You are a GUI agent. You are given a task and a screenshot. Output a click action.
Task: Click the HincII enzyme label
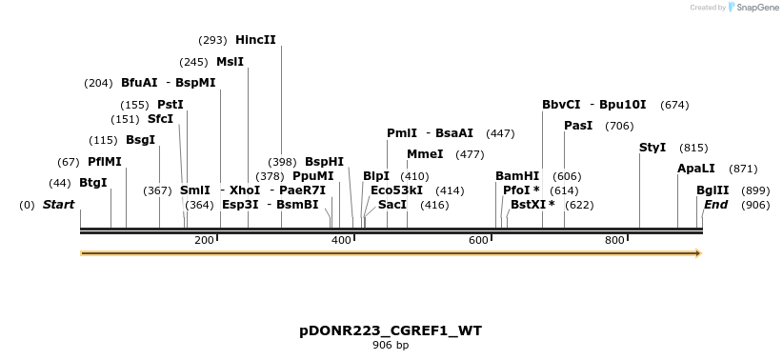coord(255,40)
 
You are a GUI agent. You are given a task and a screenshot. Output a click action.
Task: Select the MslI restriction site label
coord(230,62)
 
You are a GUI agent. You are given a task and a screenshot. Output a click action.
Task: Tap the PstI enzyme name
coord(171,105)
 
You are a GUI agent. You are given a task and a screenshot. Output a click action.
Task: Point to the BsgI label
coord(140,140)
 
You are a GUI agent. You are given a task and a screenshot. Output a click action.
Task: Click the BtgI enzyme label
coord(92,183)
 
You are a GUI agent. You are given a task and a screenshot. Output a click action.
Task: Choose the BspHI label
coord(324,162)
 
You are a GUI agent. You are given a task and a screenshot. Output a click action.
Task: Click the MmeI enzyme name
coord(425,154)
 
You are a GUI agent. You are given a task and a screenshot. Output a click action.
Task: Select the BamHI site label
coord(517,176)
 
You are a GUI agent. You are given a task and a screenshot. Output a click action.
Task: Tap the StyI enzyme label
coord(652,148)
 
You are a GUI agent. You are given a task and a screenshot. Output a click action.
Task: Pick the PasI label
coord(578,126)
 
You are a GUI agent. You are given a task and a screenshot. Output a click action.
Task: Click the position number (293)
coord(212,40)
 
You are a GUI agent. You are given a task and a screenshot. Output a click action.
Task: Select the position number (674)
coord(674,105)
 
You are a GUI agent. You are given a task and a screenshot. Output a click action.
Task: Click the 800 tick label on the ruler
coord(613,240)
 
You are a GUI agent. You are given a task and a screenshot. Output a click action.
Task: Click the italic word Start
coord(58,205)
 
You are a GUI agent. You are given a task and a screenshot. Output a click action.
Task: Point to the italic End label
coord(715,205)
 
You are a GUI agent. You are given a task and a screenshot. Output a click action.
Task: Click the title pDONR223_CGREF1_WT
coord(391,330)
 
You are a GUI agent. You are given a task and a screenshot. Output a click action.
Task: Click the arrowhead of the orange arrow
coord(698,253)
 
